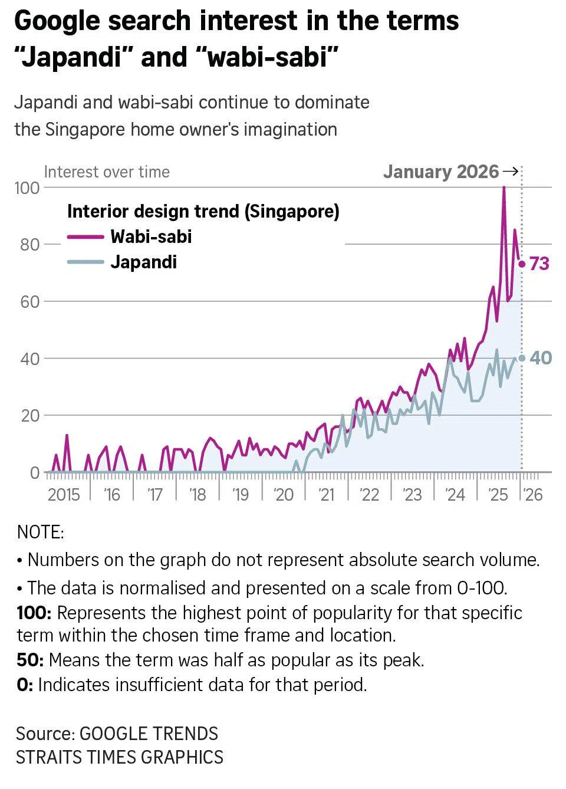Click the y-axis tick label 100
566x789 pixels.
tap(27, 188)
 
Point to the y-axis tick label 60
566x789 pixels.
tap(29, 302)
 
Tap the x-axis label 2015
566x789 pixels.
tap(64, 494)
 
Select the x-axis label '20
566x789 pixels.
tap(284, 494)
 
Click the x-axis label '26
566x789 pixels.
tap(532, 494)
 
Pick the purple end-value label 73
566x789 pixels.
tap(539, 264)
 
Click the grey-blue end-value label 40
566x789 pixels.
tap(541, 358)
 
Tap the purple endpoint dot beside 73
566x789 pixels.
tap(522, 264)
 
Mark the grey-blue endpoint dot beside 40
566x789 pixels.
tap(522, 358)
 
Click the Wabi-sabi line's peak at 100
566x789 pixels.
tap(504, 188)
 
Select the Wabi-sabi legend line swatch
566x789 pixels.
tap(85, 236)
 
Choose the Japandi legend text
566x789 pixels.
tap(143, 262)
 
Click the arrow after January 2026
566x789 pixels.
tap(511, 172)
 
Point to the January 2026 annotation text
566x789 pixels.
tap(441, 172)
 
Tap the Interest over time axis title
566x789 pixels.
tap(107, 172)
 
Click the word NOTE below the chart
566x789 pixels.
tap(40, 532)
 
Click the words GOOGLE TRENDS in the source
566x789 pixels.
tap(149, 734)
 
